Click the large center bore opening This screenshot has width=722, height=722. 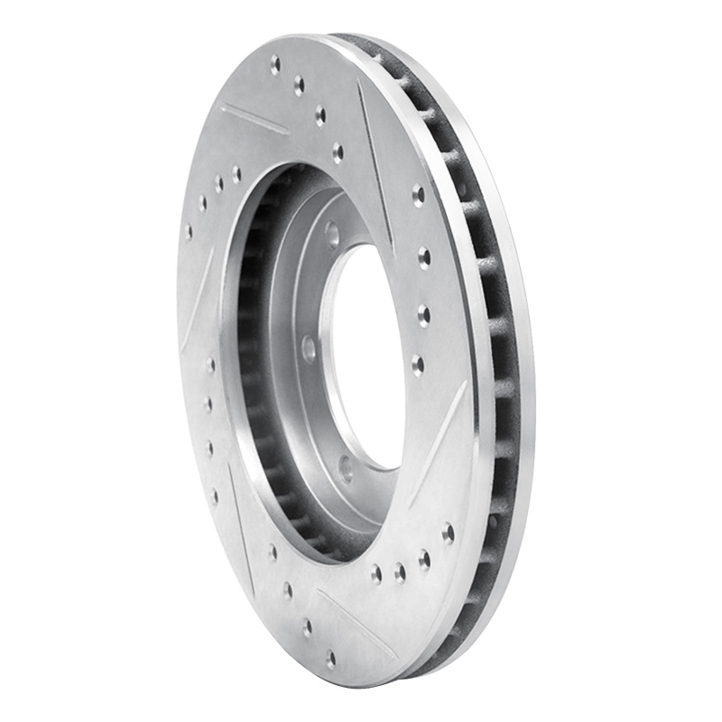click(365, 356)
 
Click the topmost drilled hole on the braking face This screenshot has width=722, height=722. click(275, 64)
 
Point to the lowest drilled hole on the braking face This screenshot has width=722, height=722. click(331, 659)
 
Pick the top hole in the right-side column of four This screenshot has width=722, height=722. click(418, 194)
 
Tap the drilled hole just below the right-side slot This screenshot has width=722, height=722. click(448, 532)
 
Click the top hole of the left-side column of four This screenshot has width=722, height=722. click(209, 365)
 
